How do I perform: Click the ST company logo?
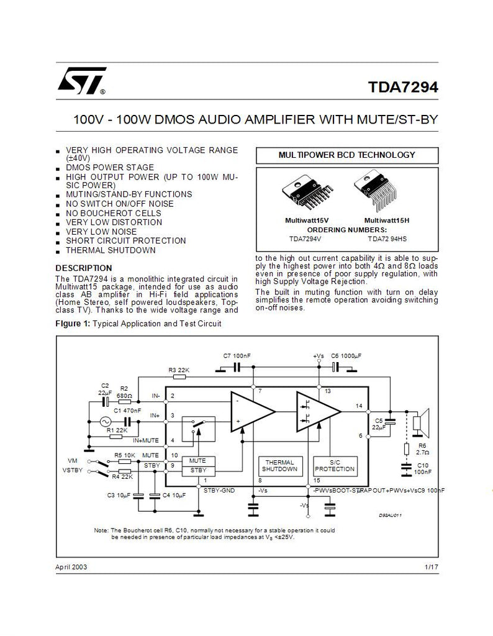click(x=81, y=81)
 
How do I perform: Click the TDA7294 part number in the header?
click(x=403, y=87)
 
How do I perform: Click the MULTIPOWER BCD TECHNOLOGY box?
click(x=347, y=155)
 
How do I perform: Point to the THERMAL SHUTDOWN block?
click(x=280, y=466)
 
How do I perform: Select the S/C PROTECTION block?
click(x=335, y=466)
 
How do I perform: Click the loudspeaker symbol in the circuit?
click(x=421, y=422)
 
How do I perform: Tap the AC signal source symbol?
click(x=106, y=422)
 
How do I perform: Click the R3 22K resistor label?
click(x=179, y=370)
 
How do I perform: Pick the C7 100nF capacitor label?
click(x=237, y=356)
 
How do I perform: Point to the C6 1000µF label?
click(x=346, y=356)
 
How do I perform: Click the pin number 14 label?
click(x=359, y=406)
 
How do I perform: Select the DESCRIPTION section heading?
click(x=84, y=268)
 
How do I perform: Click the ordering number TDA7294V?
click(x=305, y=239)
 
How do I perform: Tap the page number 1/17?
click(x=432, y=567)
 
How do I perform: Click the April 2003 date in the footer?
click(x=71, y=567)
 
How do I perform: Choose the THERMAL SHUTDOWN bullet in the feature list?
click(x=111, y=250)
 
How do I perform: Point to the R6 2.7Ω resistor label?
click(x=422, y=449)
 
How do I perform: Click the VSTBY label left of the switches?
click(x=73, y=471)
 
